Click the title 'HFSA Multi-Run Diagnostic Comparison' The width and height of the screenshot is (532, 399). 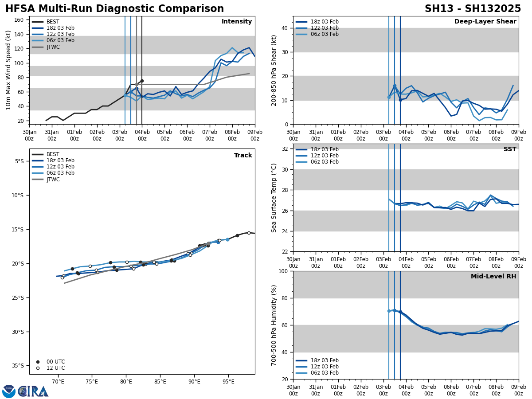[x=114, y=9]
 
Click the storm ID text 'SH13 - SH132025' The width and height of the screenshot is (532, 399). [x=473, y=9]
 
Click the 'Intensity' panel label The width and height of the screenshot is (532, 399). [x=237, y=22]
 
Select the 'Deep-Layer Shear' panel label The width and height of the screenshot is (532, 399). [x=485, y=22]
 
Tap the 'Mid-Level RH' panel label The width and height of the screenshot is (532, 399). [x=493, y=277]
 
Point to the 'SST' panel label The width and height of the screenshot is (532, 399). [x=510, y=149]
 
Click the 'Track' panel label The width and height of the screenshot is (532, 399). [x=243, y=156]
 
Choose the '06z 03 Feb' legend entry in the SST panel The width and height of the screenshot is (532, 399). [x=325, y=162]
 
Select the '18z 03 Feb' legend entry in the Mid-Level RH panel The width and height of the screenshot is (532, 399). [x=325, y=361]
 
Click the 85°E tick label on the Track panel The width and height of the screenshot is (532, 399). [x=160, y=382]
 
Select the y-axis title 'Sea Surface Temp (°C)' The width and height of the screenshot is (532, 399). [x=274, y=198]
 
